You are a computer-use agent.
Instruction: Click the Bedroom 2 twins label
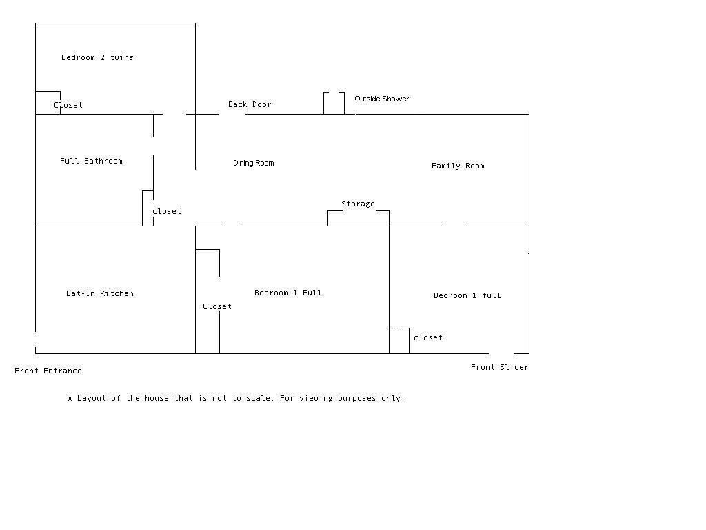tap(97, 57)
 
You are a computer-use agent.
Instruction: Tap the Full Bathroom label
tap(91, 161)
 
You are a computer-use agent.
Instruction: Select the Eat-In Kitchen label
tap(100, 293)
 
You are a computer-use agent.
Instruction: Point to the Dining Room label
tap(254, 163)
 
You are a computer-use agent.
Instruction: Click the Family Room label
tap(458, 166)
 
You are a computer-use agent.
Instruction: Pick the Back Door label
tap(250, 105)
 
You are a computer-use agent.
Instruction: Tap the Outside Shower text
tap(382, 99)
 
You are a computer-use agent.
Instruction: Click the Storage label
tap(358, 204)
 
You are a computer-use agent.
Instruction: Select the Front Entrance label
tap(48, 371)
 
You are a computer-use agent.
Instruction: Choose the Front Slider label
tap(500, 367)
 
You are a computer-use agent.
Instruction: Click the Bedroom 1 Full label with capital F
tap(288, 293)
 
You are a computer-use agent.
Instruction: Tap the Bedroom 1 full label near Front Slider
tap(467, 295)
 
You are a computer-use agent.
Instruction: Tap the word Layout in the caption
tap(92, 398)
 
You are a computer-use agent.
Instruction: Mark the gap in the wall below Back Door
tap(232, 114)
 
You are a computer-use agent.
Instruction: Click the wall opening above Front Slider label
tap(501, 353)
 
